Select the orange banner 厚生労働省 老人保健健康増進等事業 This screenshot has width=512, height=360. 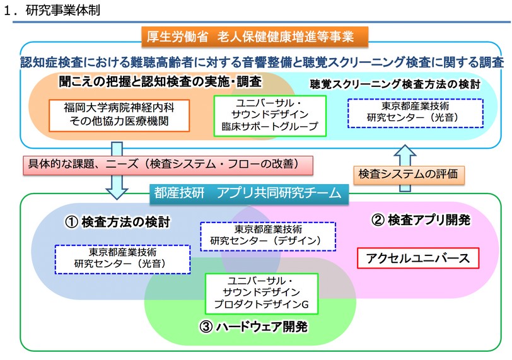(x=255, y=37)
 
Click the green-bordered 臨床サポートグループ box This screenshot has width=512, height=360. (x=269, y=115)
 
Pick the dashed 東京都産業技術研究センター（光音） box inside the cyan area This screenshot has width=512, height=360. (x=416, y=113)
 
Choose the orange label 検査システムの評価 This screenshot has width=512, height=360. (x=408, y=173)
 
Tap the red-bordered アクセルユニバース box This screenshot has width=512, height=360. (x=417, y=258)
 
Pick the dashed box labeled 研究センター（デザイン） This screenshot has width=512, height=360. (x=267, y=236)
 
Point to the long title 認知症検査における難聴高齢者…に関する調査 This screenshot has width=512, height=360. (x=261, y=62)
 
